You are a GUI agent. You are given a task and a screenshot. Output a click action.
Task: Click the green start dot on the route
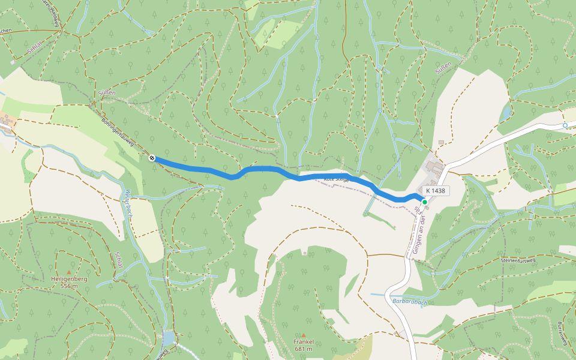click(424, 202)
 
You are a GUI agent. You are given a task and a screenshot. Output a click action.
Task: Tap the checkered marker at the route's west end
click(152, 158)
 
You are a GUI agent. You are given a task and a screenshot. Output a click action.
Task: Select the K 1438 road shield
click(437, 191)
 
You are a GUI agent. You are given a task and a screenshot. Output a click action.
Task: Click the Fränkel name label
click(304, 342)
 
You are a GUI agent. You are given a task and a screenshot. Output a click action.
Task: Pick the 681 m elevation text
click(304, 349)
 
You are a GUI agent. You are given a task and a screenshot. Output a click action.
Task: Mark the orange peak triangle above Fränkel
click(304, 335)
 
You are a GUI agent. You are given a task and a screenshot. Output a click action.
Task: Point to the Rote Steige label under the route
click(336, 179)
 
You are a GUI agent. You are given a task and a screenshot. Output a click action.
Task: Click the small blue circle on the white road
click(565, 125)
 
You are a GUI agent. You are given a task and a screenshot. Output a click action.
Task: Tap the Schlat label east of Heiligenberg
click(119, 262)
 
